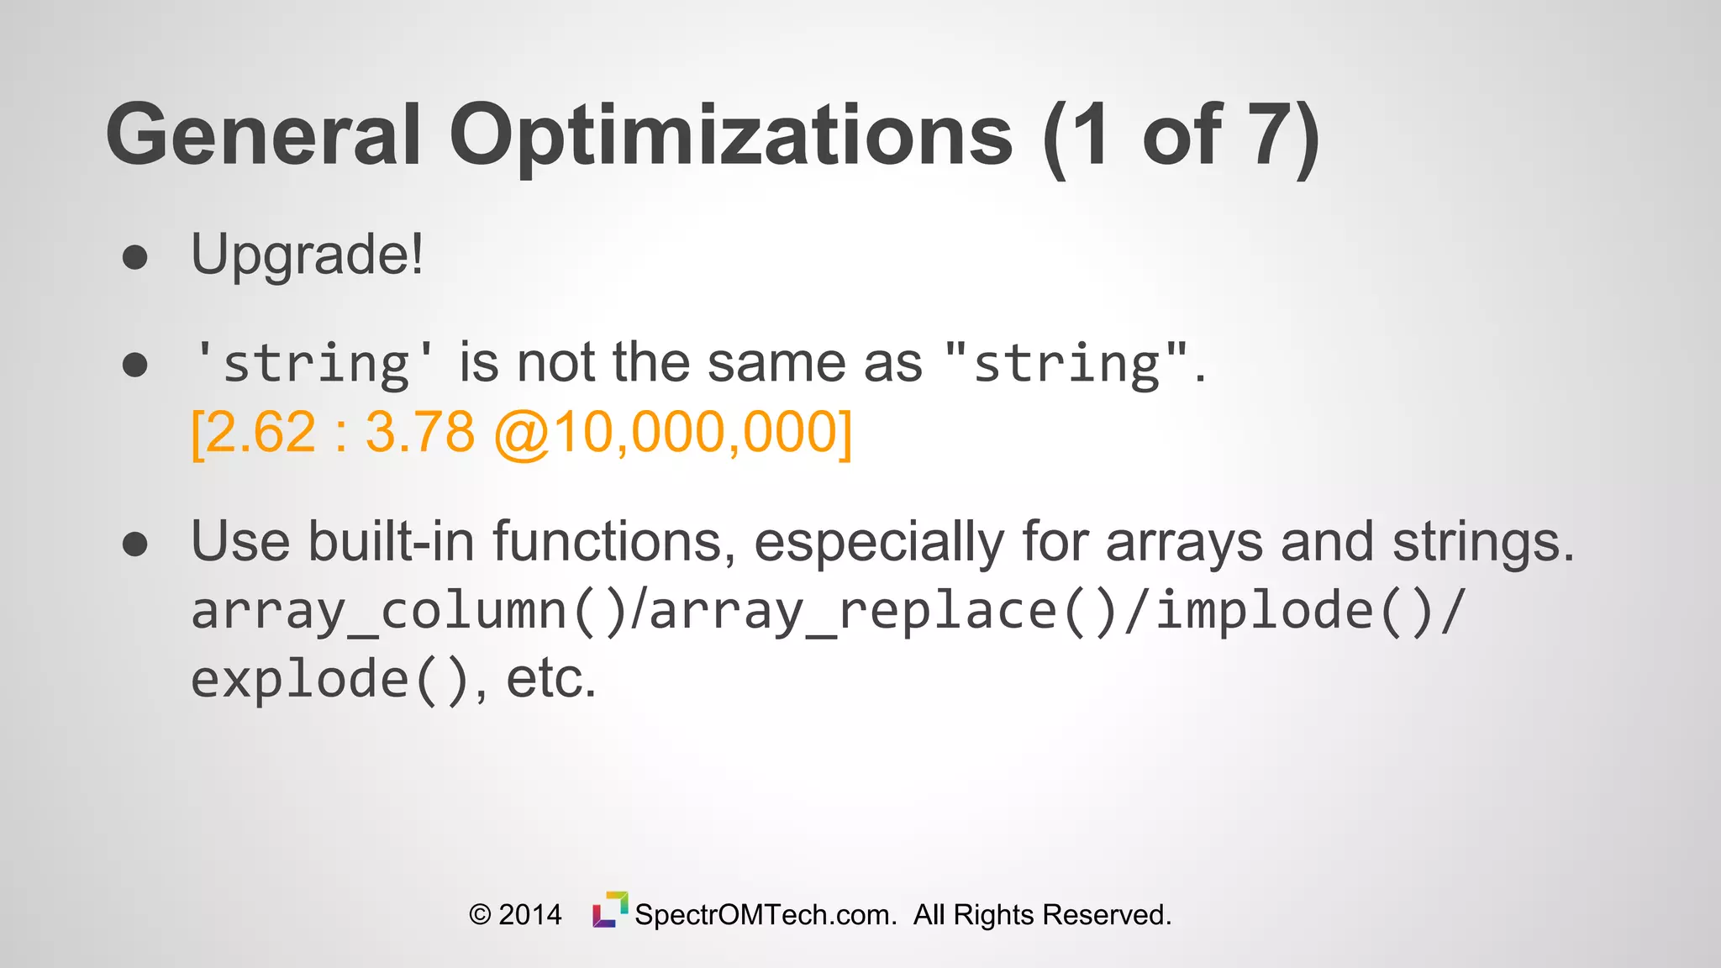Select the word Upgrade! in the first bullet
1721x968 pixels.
(x=307, y=255)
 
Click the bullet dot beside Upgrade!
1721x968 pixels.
(x=134, y=257)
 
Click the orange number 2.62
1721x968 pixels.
(x=261, y=434)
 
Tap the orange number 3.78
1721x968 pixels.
(x=419, y=434)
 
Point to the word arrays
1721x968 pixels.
(x=1183, y=541)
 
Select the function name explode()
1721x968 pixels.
(x=329, y=681)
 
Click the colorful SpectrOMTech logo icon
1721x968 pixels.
(x=610, y=910)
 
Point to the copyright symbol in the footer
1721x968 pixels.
(x=480, y=915)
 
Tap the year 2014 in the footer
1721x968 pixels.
(x=530, y=915)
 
